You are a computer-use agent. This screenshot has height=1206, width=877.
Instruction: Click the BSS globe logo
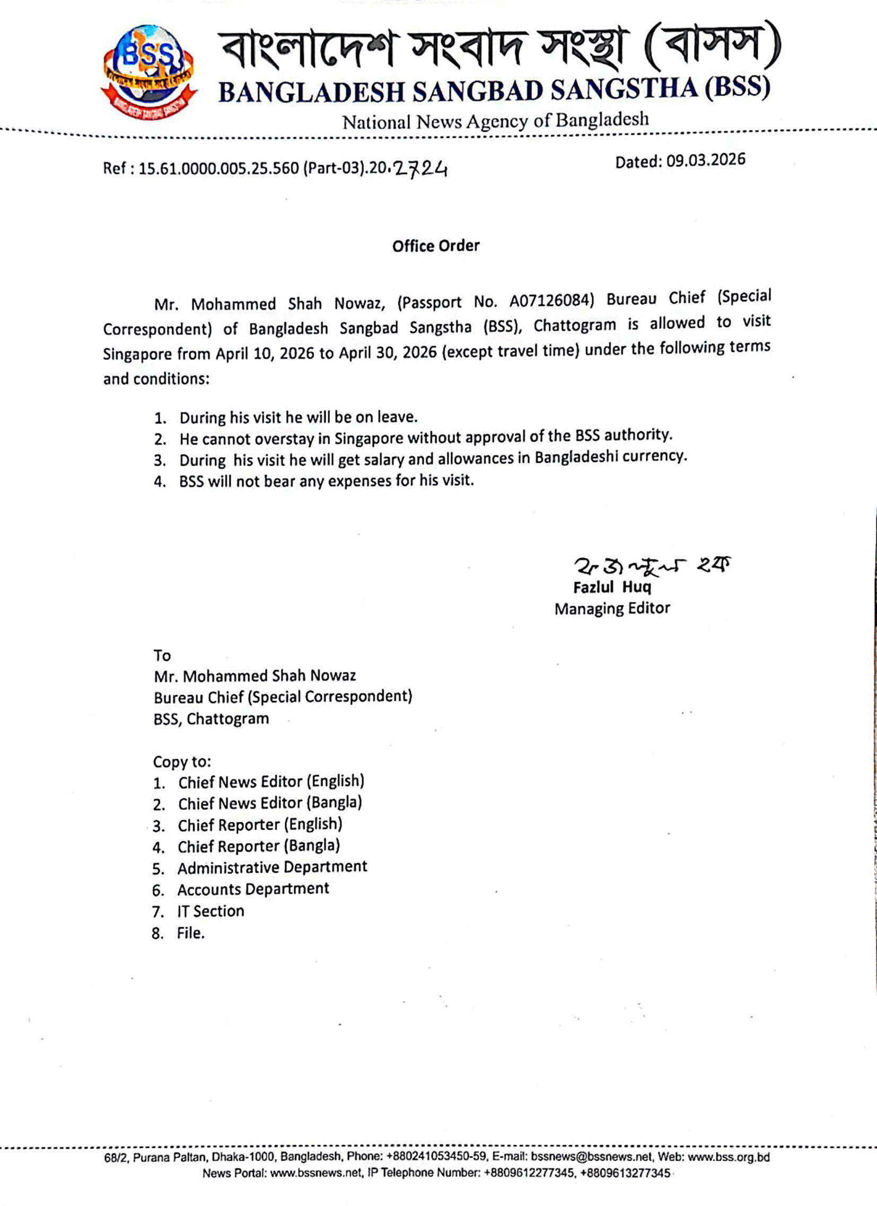[148, 70]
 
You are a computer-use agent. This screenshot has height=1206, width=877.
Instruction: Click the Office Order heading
[436, 246]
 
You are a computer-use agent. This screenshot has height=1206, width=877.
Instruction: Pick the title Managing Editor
[612, 608]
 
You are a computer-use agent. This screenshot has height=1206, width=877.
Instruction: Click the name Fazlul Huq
[612, 587]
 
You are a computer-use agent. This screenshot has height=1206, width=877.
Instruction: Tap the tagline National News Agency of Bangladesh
[495, 121]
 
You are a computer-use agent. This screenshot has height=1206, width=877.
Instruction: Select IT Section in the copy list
[211, 911]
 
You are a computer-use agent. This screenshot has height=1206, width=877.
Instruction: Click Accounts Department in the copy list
[253, 889]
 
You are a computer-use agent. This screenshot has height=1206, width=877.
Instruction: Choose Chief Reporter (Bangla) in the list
[259, 846]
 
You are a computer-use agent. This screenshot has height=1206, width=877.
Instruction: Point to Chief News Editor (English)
[271, 782]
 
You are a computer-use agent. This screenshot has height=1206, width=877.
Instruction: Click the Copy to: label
[182, 761]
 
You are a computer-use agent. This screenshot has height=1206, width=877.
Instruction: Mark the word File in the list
[190, 933]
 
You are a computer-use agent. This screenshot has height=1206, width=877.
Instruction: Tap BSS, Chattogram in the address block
[211, 719]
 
